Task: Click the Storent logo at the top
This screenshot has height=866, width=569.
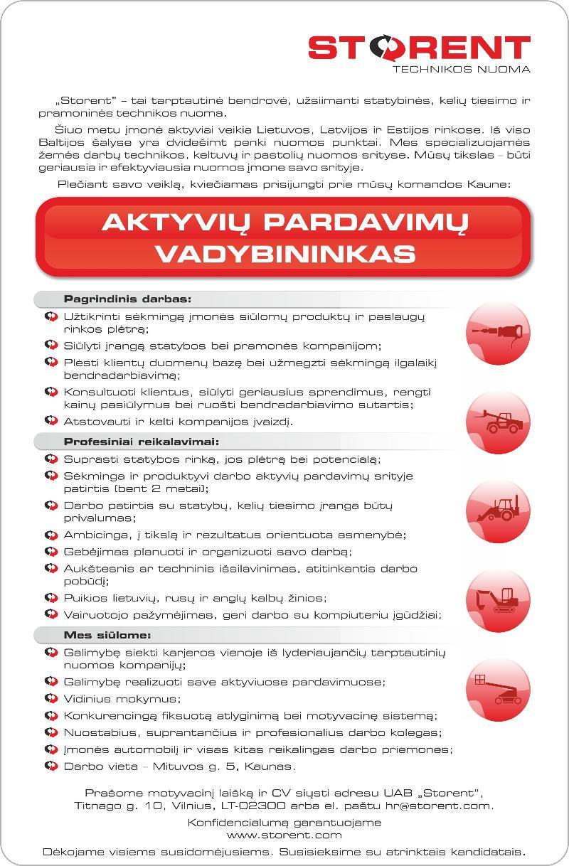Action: (419, 48)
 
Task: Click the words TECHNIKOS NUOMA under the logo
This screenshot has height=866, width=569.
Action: (462, 70)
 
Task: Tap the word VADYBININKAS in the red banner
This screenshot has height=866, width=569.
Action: (284, 253)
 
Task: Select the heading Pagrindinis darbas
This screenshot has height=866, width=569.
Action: (127, 299)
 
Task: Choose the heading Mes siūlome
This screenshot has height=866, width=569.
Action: (107, 635)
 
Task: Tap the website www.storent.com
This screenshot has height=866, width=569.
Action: (284, 835)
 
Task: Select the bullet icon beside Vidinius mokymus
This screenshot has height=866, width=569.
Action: (50, 698)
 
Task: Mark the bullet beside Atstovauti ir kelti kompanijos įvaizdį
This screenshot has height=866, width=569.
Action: (50, 420)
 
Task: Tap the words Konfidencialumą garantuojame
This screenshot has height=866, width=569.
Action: (284, 822)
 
